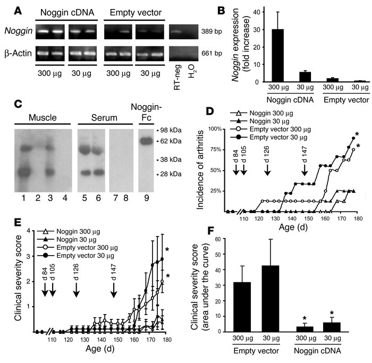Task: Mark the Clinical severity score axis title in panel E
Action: coord(14,281)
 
